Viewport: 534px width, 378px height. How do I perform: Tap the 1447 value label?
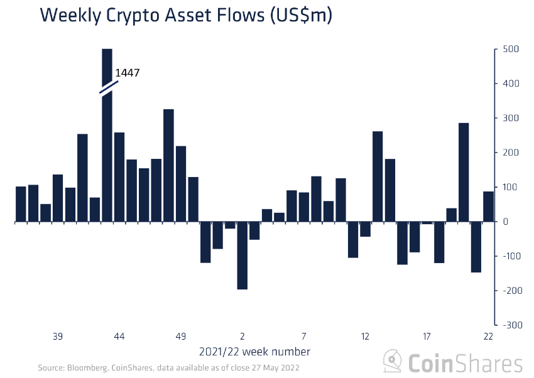[128, 73]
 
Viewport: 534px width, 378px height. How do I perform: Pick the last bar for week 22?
[488, 207]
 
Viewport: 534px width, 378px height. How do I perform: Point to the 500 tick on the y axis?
[509, 50]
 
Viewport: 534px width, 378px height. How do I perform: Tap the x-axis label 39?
[58, 336]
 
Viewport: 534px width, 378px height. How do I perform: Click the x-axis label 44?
[119, 336]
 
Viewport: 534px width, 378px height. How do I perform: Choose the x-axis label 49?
[181, 336]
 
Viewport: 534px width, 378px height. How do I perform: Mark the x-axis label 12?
[365, 336]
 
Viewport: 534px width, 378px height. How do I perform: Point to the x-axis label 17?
[427, 336]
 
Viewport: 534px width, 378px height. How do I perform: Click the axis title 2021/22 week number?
[254, 351]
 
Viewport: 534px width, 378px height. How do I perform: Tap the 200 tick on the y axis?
[509, 153]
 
